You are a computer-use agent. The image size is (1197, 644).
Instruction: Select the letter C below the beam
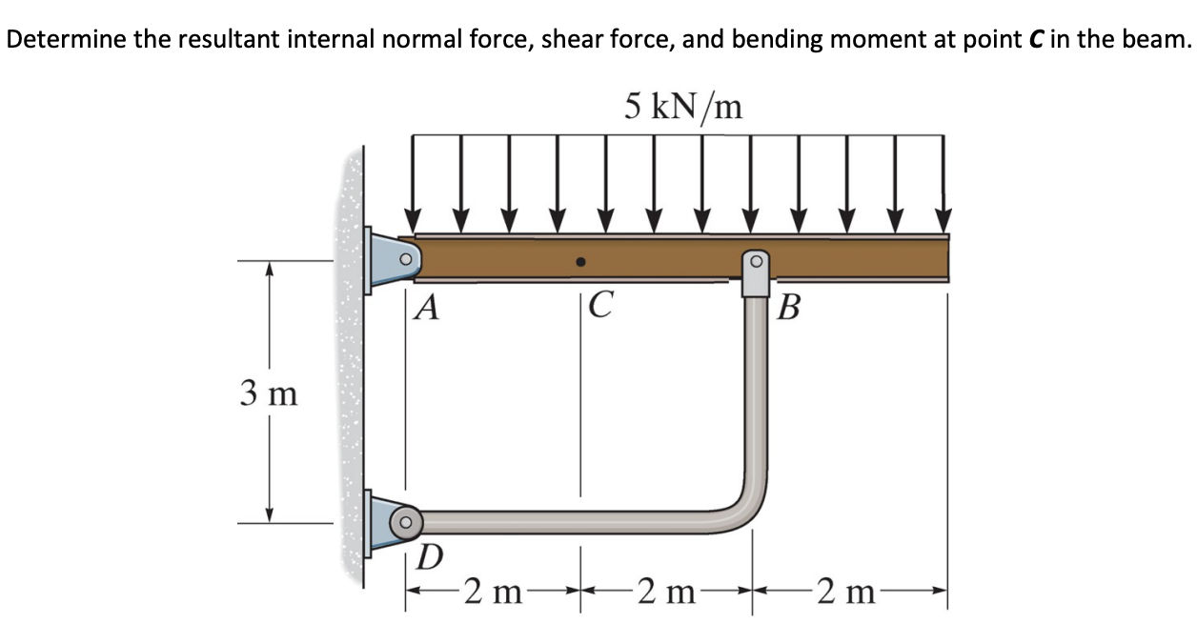[600, 306]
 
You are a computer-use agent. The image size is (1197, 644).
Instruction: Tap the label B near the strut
[788, 308]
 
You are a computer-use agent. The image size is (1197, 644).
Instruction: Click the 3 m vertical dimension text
[269, 392]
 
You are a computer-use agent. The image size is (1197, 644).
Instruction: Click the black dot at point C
[580, 260]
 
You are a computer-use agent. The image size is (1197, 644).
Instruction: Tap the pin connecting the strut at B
[756, 260]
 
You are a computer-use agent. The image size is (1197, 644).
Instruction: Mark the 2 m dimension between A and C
[494, 593]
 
